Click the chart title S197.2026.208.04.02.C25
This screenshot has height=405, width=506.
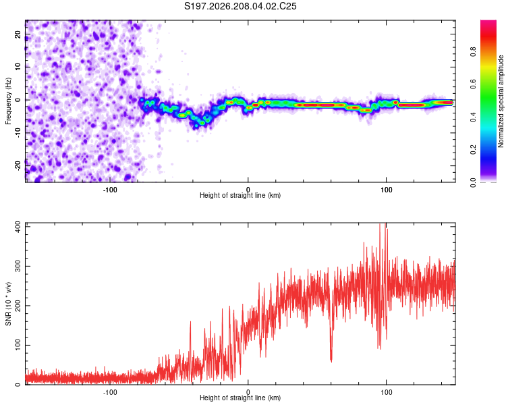tap(240, 6)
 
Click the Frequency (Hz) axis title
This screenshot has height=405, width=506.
tap(8, 101)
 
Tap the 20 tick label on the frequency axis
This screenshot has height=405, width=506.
tap(18, 34)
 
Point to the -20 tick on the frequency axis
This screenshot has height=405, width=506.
tap(18, 165)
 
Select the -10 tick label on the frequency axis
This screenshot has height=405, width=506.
tap(18, 133)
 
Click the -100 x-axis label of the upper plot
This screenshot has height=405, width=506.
tap(110, 190)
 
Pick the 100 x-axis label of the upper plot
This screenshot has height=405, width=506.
tap(387, 190)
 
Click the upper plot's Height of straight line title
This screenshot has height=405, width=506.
tap(240, 195)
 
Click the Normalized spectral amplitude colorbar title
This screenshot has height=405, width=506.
tap(501, 101)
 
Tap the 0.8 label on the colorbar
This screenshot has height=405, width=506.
tap(473, 52)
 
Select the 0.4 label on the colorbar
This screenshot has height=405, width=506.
tap(473, 117)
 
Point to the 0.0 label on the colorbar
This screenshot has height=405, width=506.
tap(473, 182)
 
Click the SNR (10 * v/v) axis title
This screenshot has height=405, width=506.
tap(8, 304)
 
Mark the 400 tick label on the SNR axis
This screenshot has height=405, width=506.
tap(18, 227)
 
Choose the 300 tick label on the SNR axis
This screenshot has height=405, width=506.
tap(18, 267)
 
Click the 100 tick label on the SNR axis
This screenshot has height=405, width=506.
tap(18, 345)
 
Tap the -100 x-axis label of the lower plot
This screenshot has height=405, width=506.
tap(110, 392)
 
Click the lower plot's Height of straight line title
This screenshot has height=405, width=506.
tap(240, 398)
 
